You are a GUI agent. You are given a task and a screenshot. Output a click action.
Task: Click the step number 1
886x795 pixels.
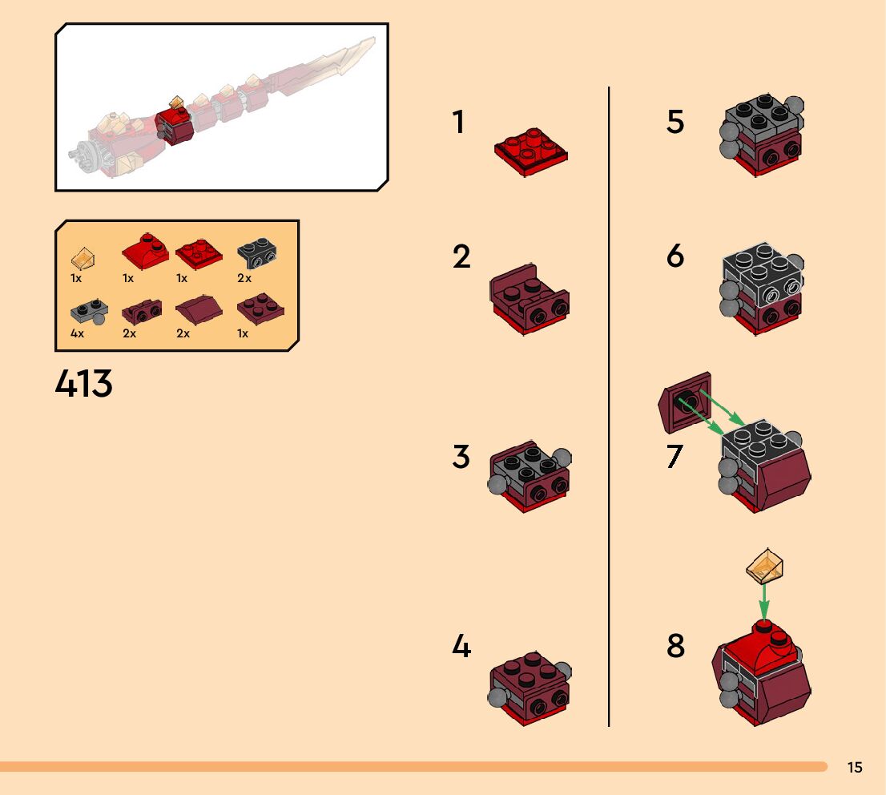458,123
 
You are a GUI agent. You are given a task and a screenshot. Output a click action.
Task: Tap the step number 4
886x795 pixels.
461,646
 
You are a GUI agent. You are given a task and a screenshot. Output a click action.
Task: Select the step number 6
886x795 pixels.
675,256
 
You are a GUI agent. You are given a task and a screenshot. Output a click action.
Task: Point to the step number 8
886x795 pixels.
676,646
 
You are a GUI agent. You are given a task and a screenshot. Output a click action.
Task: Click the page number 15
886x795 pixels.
855,768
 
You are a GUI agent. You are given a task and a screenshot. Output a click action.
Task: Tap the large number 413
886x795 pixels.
84,385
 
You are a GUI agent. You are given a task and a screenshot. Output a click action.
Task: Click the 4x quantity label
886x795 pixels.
77,333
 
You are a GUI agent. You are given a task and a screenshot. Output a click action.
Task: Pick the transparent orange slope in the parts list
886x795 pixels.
83,258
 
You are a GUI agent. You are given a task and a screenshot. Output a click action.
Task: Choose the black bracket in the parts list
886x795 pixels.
258,254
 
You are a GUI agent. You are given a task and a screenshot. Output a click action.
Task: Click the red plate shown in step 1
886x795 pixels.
530,153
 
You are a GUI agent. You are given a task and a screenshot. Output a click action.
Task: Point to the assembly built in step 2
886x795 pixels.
529,299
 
